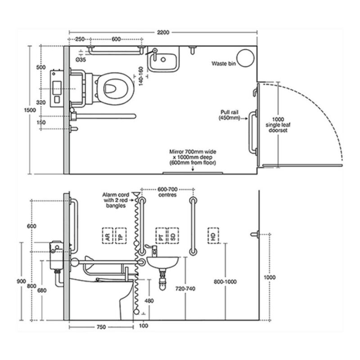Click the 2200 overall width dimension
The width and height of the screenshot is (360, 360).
point(163,32)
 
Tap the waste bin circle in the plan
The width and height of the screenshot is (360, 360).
point(245,58)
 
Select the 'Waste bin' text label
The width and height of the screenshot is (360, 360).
point(224,63)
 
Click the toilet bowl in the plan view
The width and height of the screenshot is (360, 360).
point(115,88)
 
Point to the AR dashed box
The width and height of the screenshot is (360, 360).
point(108,235)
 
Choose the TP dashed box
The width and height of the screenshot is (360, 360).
point(121,235)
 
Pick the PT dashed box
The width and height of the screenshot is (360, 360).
point(161,235)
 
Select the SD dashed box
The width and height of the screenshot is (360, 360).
point(173,235)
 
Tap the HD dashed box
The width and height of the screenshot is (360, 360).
point(213,235)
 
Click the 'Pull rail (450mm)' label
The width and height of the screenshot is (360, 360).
point(229,115)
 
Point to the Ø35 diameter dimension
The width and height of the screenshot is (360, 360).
point(81,59)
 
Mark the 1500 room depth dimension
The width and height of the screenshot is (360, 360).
point(30,110)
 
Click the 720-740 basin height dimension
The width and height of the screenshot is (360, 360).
point(185,288)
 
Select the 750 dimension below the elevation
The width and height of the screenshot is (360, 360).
point(101,327)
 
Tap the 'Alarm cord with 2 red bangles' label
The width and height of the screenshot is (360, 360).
point(116,200)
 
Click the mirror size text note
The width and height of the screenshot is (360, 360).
point(193,157)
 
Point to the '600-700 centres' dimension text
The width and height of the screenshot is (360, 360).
point(167,192)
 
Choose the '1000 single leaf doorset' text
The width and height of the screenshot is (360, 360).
point(278,125)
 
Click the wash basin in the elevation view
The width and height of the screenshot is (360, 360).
point(162,262)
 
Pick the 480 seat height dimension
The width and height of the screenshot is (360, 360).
point(149,301)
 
